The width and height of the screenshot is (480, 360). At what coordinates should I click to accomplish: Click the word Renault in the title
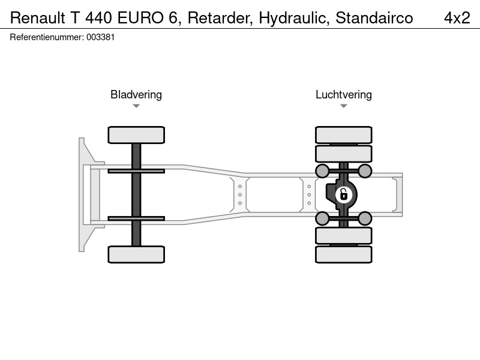(38, 18)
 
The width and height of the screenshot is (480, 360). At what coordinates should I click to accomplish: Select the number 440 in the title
(98, 18)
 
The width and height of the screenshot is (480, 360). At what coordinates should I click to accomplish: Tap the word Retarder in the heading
(220, 18)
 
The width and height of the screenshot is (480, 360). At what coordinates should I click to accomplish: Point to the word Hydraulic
(294, 19)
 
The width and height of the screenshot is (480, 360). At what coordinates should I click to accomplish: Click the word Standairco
(374, 18)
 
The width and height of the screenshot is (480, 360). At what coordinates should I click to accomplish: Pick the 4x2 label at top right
(457, 18)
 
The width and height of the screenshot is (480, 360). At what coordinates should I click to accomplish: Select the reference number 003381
(100, 37)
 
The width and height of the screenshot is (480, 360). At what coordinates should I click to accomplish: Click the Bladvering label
(136, 95)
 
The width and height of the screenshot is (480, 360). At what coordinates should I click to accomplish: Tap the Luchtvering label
(344, 95)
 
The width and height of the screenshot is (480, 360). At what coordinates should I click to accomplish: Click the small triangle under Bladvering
(136, 106)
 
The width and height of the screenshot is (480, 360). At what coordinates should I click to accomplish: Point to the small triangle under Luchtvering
(343, 106)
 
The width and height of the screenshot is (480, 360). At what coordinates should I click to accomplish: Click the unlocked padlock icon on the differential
(344, 194)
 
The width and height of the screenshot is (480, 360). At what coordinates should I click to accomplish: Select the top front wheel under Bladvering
(136, 135)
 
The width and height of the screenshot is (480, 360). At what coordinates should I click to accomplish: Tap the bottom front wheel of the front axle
(136, 254)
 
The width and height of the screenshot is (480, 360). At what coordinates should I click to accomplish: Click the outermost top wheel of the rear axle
(344, 135)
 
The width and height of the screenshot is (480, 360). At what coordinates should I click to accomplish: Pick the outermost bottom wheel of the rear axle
(344, 254)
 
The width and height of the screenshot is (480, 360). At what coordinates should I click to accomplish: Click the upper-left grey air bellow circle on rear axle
(322, 171)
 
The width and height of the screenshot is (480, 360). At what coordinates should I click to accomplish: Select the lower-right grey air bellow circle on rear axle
(365, 218)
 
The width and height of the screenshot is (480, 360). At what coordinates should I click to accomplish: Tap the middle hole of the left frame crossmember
(240, 194)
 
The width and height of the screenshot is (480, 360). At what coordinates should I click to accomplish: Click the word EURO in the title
(141, 18)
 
